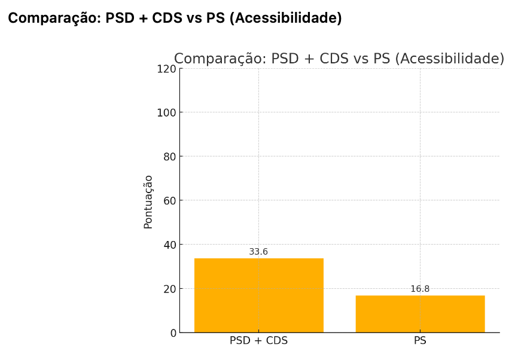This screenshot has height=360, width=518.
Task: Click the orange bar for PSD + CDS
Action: tap(258, 295)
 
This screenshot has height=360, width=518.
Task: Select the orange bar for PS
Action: tap(420, 314)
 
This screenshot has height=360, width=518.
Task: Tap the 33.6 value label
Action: tap(258, 252)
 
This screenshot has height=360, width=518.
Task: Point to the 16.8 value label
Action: tap(420, 289)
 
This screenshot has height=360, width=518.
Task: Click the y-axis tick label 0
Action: tap(173, 333)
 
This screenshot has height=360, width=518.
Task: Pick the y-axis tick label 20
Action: tap(170, 289)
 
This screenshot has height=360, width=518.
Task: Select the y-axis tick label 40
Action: tap(170, 245)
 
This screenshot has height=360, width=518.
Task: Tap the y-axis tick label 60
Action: tap(170, 200)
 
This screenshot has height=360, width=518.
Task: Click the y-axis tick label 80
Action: tap(170, 157)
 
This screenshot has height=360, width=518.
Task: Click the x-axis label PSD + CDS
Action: tap(258, 341)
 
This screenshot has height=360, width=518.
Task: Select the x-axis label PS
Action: tap(420, 341)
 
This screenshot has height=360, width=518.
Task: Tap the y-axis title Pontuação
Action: tap(148, 202)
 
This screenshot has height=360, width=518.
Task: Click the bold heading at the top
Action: tap(175, 19)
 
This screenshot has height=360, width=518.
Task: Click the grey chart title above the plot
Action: tap(339, 59)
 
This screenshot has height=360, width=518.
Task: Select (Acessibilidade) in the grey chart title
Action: tap(450, 59)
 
